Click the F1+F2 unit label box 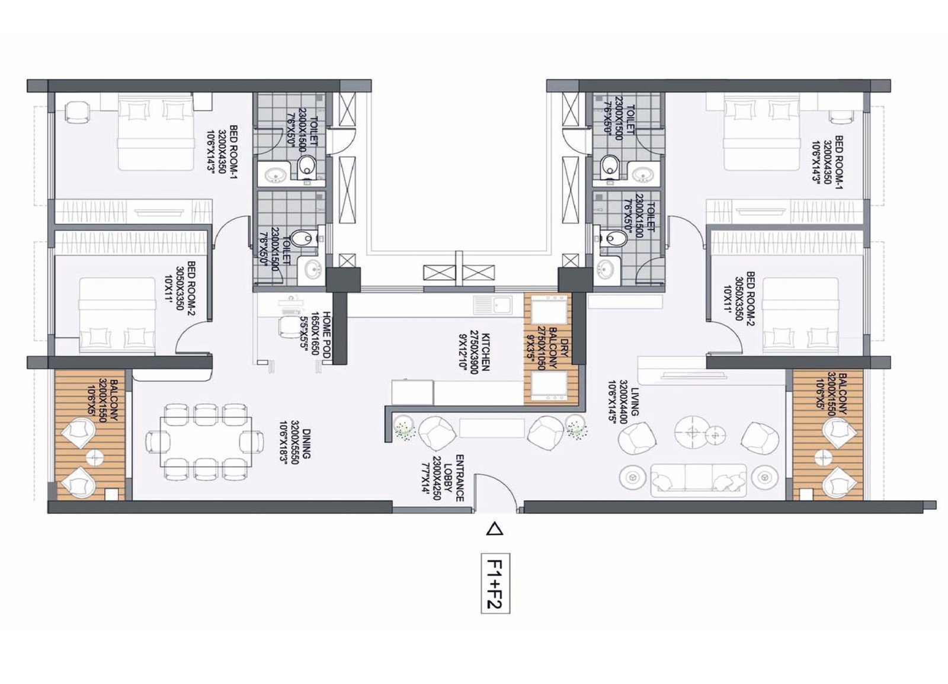point(495,584)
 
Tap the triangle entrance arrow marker point(494,529)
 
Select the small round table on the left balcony point(95,458)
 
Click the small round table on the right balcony point(821,456)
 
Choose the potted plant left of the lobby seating point(405,428)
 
